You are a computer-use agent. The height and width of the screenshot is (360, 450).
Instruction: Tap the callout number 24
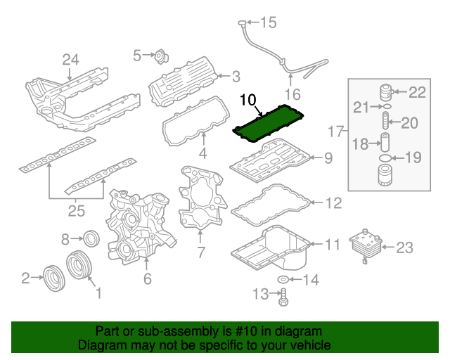70,60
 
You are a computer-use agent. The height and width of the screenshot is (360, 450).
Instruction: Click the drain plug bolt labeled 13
283,298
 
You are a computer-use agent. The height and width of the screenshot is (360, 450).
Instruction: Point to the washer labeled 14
282,281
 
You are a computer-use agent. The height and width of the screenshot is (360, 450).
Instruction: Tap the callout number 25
76,210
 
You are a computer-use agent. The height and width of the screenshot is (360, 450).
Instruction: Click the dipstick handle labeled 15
241,25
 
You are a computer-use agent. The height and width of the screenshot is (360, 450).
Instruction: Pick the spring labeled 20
385,123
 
